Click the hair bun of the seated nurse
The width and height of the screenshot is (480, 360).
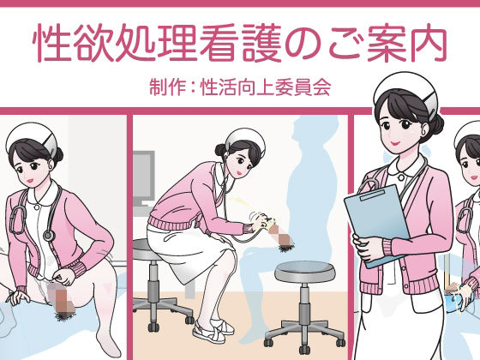pyautogui.click(x=220, y=151)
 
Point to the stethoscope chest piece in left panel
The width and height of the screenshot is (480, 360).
pyautogui.click(x=47, y=234)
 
